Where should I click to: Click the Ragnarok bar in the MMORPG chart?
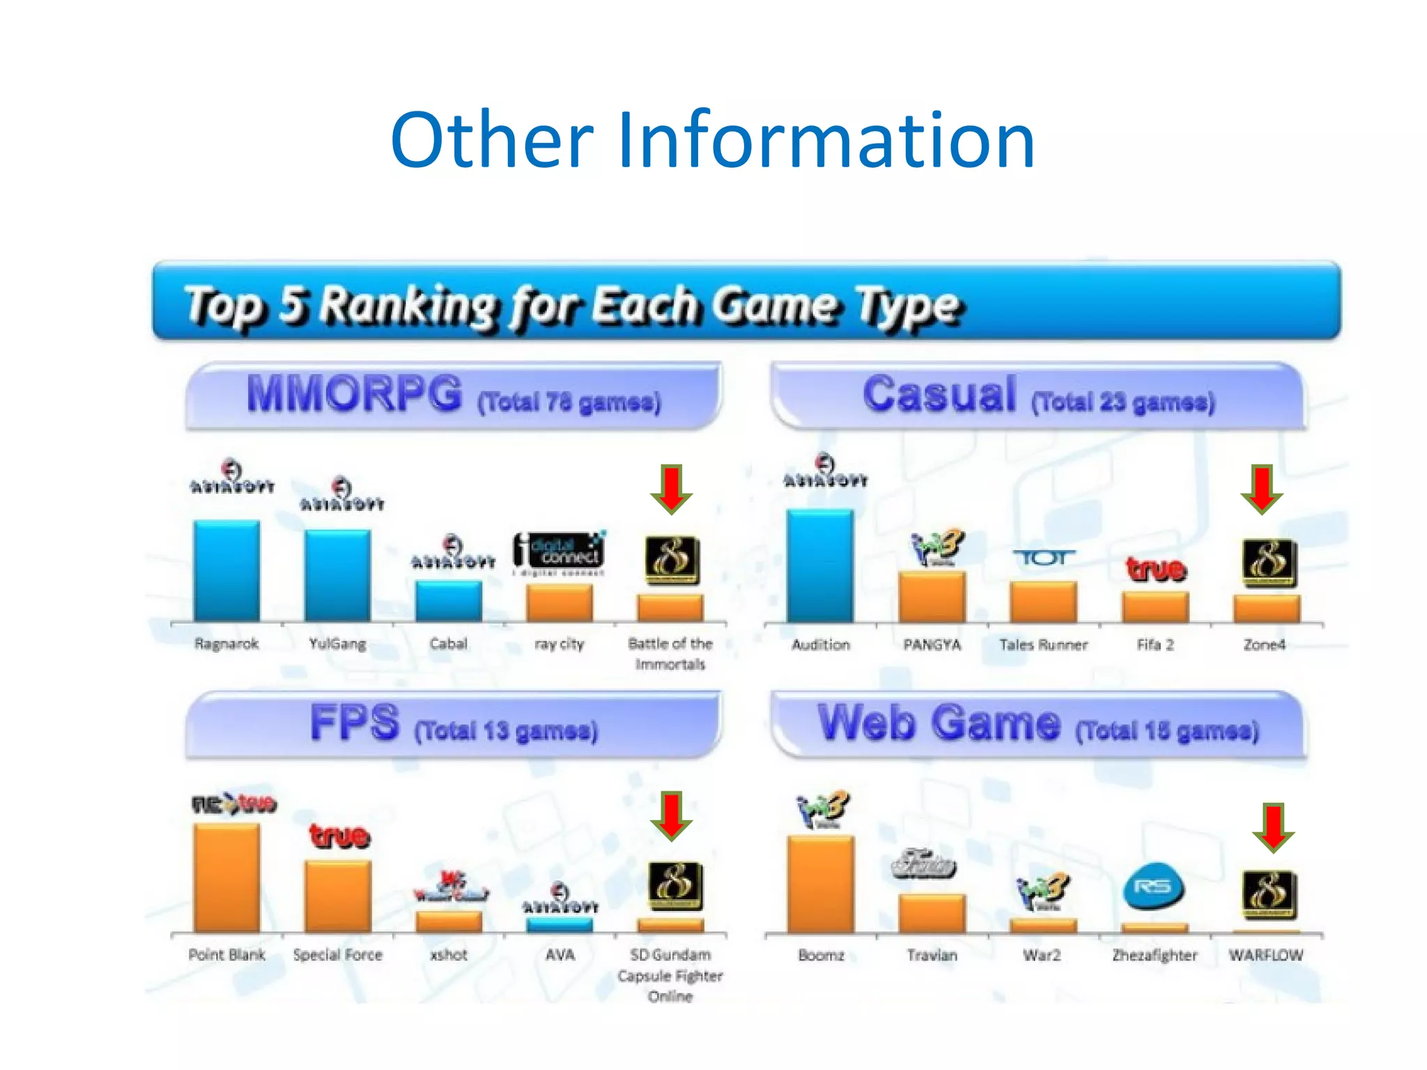[226, 571]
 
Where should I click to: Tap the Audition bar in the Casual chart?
[820, 566]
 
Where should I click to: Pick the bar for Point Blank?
[226, 878]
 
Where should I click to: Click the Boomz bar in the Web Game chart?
[820, 884]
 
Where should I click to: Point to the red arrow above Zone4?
[1262, 489]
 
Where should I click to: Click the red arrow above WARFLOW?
[1273, 828]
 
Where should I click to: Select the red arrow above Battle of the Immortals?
[671, 490]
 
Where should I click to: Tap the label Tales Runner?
[1043, 645]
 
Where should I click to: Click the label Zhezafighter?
[1155, 955]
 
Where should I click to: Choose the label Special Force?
[338, 955]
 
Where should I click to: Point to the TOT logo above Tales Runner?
[1043, 558]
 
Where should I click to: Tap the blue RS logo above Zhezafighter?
[1153, 887]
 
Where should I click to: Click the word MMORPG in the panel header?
[354, 394]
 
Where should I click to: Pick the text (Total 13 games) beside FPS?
[507, 731]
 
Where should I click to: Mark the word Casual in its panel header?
[939, 394]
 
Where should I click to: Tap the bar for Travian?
[932, 913]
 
